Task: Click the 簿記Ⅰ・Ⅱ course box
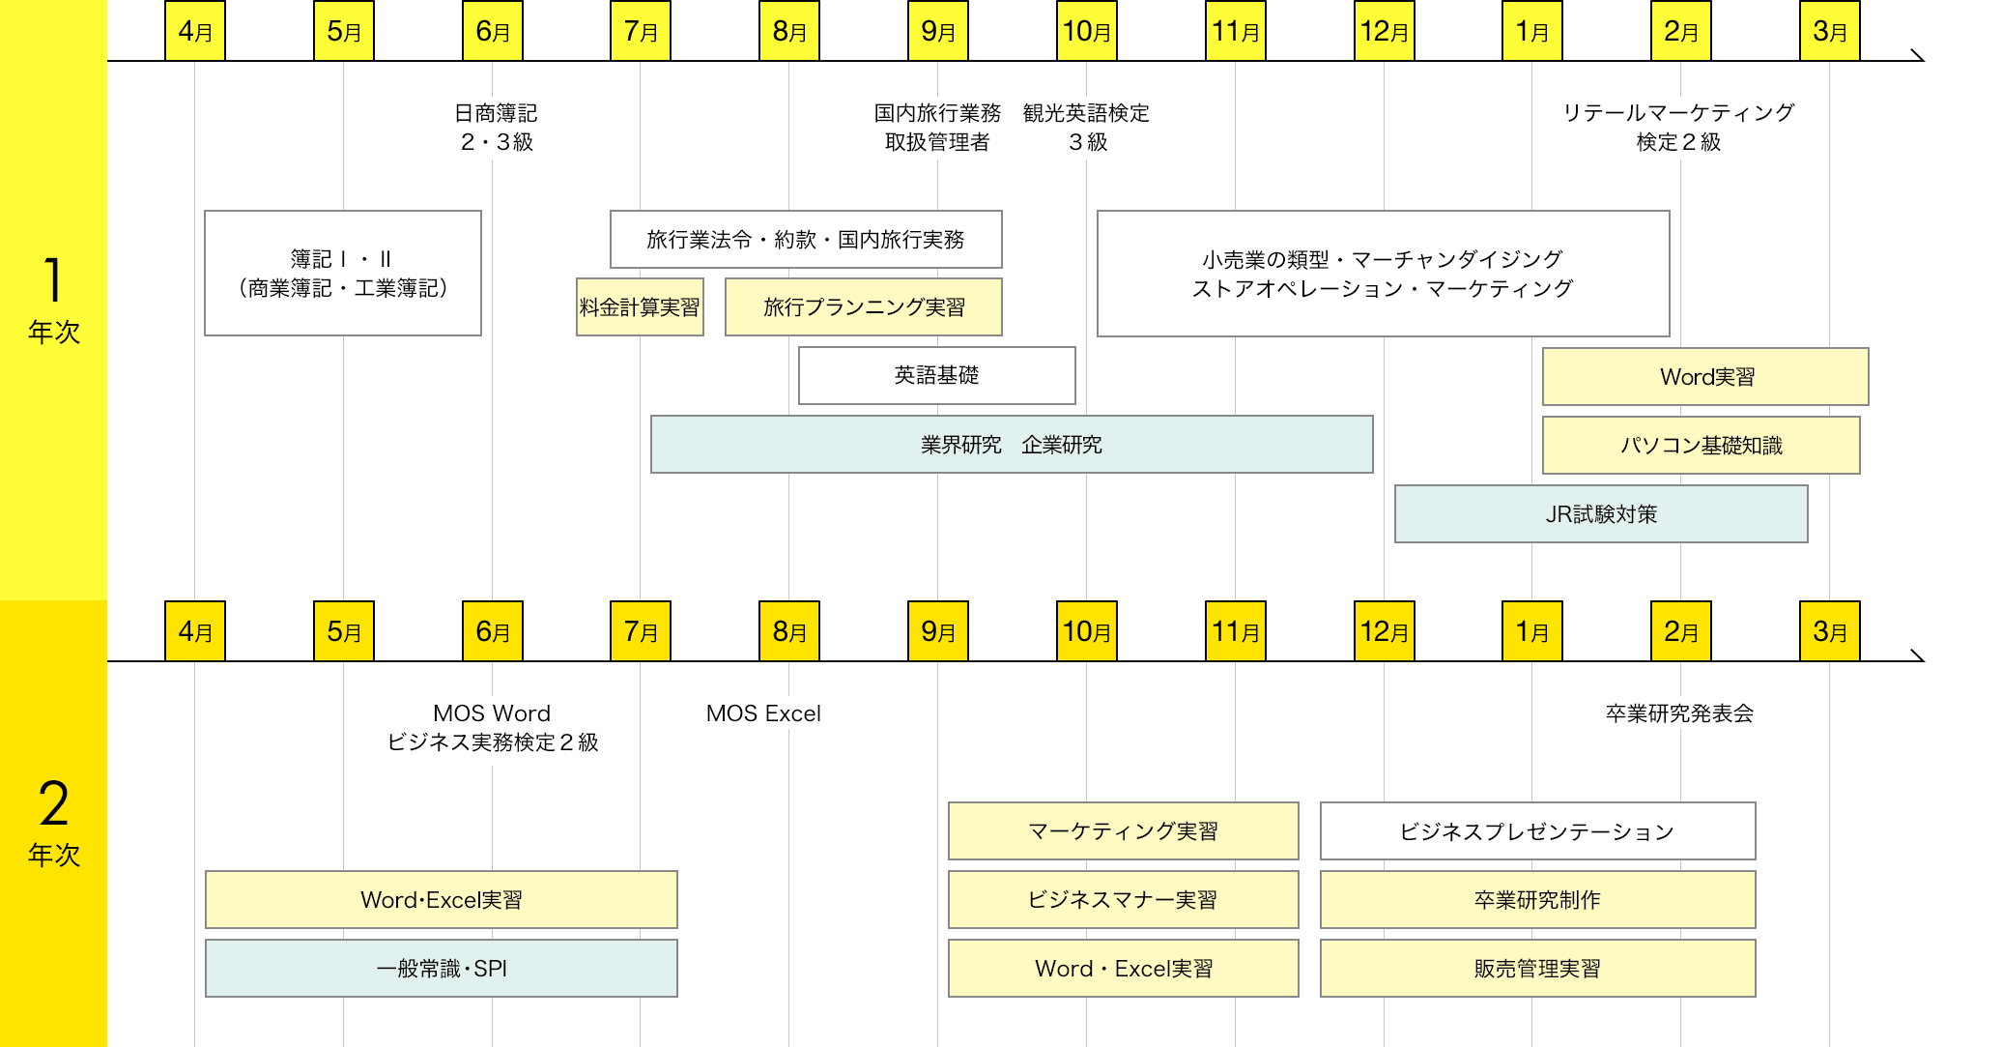click(x=343, y=274)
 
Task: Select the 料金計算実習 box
click(x=640, y=307)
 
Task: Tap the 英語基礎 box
click(x=936, y=375)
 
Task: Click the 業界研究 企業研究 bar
click(x=1012, y=445)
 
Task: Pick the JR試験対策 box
click(x=1601, y=514)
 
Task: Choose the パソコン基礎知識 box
click(x=1701, y=446)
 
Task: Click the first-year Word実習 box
click(x=1705, y=377)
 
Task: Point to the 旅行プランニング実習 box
click(x=863, y=307)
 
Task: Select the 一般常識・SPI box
click(x=441, y=969)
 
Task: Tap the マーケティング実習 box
click(x=1123, y=831)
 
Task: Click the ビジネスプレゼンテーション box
click(x=1537, y=831)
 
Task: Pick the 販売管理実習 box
click(x=1537, y=969)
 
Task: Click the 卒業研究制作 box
click(x=1537, y=900)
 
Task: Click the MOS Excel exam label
click(x=763, y=713)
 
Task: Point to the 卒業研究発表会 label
click(x=1679, y=713)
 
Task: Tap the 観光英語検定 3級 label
click(x=1087, y=128)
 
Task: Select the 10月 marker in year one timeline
click(x=1087, y=31)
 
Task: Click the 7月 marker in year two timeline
click(x=641, y=631)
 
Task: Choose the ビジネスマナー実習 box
click(x=1123, y=900)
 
